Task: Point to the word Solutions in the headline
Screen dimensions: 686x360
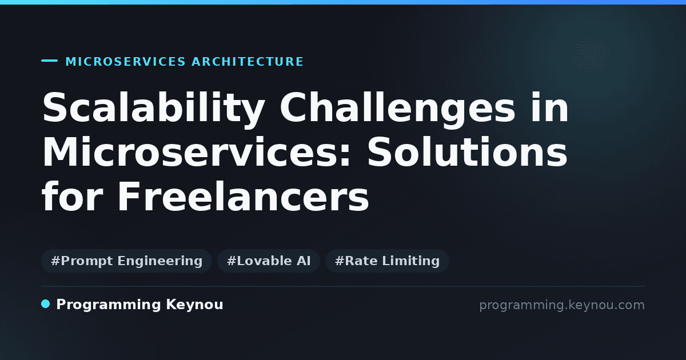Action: pos(466,152)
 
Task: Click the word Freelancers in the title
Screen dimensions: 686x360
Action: pos(243,197)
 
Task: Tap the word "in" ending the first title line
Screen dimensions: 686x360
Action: pos(549,107)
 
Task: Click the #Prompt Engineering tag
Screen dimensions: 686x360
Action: pos(126,261)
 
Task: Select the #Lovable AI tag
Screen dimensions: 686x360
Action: pos(269,261)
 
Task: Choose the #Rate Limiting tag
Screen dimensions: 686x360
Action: pos(387,261)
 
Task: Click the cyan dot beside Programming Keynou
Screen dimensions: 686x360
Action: pos(46,304)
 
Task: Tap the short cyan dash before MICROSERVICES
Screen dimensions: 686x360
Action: pos(49,61)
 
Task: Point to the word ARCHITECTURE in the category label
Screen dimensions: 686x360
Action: pos(248,62)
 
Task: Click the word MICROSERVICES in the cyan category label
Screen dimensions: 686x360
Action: pos(126,62)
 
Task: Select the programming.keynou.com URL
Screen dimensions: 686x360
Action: pos(562,305)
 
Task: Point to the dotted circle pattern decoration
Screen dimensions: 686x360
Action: pos(590,56)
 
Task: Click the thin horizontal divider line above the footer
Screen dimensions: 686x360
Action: pos(343,286)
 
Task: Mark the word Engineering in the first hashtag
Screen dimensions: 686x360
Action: pos(160,261)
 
